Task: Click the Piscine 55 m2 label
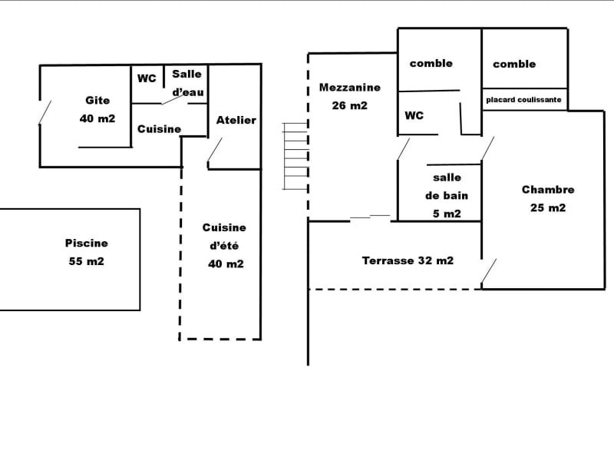click(86, 252)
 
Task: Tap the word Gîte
click(97, 100)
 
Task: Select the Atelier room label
click(236, 120)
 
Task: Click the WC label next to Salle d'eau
click(147, 78)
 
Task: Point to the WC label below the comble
click(414, 116)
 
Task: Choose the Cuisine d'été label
click(225, 246)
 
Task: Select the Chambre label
click(548, 190)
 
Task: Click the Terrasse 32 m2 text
click(408, 260)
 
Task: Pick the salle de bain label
click(447, 195)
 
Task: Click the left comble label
click(431, 63)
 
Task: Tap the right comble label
click(514, 64)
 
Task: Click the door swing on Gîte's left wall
click(45, 112)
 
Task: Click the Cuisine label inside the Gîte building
click(160, 129)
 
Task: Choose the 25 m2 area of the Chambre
click(548, 207)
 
